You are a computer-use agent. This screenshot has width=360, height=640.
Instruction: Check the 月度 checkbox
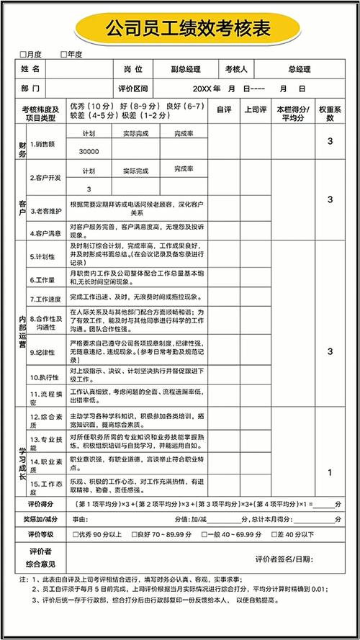24,54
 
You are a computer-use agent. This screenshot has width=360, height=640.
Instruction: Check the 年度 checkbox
65,54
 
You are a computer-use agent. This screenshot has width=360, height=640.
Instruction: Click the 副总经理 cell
186,70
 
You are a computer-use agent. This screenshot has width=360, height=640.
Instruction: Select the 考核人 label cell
236,70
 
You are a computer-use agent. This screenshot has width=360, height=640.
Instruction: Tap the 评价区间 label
132,89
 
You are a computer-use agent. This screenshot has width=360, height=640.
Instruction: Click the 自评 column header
224,109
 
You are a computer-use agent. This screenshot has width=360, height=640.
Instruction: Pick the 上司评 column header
256,109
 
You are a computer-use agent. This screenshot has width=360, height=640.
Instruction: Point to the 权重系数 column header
330,113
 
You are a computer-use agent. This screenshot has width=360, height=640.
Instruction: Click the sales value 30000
89,152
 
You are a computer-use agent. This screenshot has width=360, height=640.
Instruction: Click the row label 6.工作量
42,278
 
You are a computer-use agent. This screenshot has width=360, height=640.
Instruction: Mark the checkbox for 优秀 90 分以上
76,535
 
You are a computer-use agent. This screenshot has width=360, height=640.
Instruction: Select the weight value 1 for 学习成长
330,473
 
